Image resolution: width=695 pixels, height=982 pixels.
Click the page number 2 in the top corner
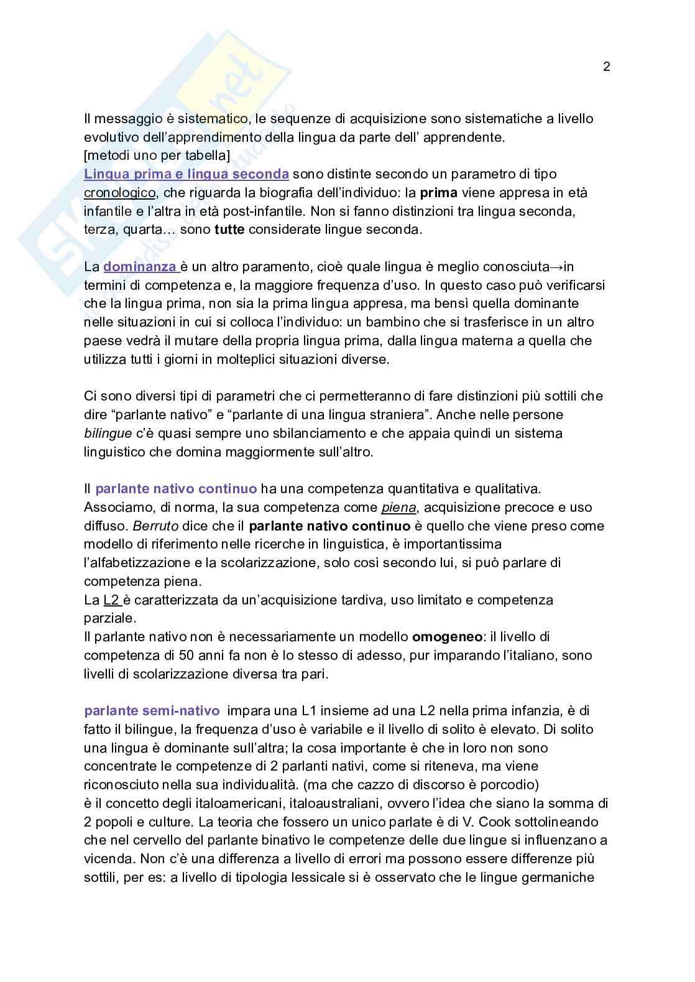pos(607,67)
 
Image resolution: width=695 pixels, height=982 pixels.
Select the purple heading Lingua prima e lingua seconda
pos(186,174)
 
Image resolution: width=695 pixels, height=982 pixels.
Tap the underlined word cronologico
pos(119,193)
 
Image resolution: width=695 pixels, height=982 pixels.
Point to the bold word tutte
pos(229,229)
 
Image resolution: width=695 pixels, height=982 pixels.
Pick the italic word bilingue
pos(108,433)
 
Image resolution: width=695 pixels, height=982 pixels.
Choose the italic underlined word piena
pos(398,507)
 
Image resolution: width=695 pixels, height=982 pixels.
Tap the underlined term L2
pos(111,600)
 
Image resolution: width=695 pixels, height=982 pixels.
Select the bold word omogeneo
pos(446,637)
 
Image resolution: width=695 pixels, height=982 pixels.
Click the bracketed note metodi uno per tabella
pos(157,155)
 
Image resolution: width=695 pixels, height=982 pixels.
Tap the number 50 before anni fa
pos(186,655)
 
